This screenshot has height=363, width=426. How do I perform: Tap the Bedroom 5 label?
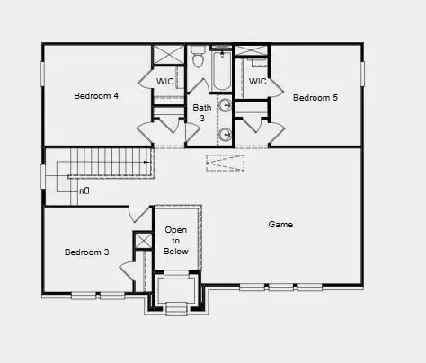click(x=315, y=97)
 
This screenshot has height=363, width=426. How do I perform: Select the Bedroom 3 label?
click(x=86, y=252)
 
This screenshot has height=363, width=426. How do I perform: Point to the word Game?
click(x=280, y=225)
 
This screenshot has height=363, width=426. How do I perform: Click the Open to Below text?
click(x=176, y=241)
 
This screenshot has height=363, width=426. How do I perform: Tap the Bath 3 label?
click(x=202, y=112)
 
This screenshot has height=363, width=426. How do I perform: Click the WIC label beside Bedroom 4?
click(x=165, y=82)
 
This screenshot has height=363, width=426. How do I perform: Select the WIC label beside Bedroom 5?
click(x=257, y=82)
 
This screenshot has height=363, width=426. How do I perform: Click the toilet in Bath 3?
click(x=198, y=59)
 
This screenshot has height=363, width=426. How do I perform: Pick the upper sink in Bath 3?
click(x=226, y=106)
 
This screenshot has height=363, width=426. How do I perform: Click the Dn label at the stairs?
click(x=84, y=191)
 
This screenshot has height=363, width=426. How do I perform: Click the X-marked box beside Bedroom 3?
click(x=143, y=241)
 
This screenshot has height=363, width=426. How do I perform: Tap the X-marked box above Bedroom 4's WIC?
click(x=168, y=53)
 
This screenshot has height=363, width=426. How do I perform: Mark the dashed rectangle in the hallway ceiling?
click(x=224, y=163)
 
